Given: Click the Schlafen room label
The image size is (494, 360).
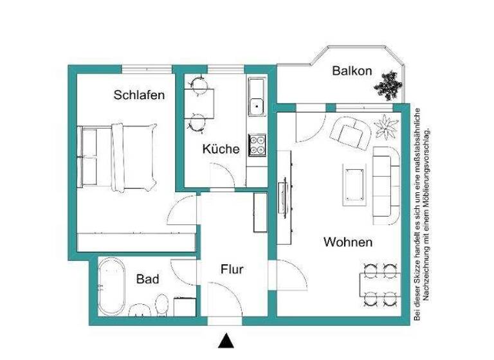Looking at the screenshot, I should (x=139, y=95).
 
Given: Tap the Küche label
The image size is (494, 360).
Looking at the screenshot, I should (x=221, y=149).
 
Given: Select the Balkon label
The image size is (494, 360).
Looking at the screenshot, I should (x=352, y=71).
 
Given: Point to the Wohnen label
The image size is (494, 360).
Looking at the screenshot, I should (x=347, y=242).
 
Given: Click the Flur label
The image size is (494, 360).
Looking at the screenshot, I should (x=232, y=269).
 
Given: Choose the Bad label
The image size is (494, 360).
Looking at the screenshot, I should (x=147, y=280).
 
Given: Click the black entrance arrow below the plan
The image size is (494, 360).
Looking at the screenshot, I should (x=225, y=340).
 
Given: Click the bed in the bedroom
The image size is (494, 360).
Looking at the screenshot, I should (x=119, y=156).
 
